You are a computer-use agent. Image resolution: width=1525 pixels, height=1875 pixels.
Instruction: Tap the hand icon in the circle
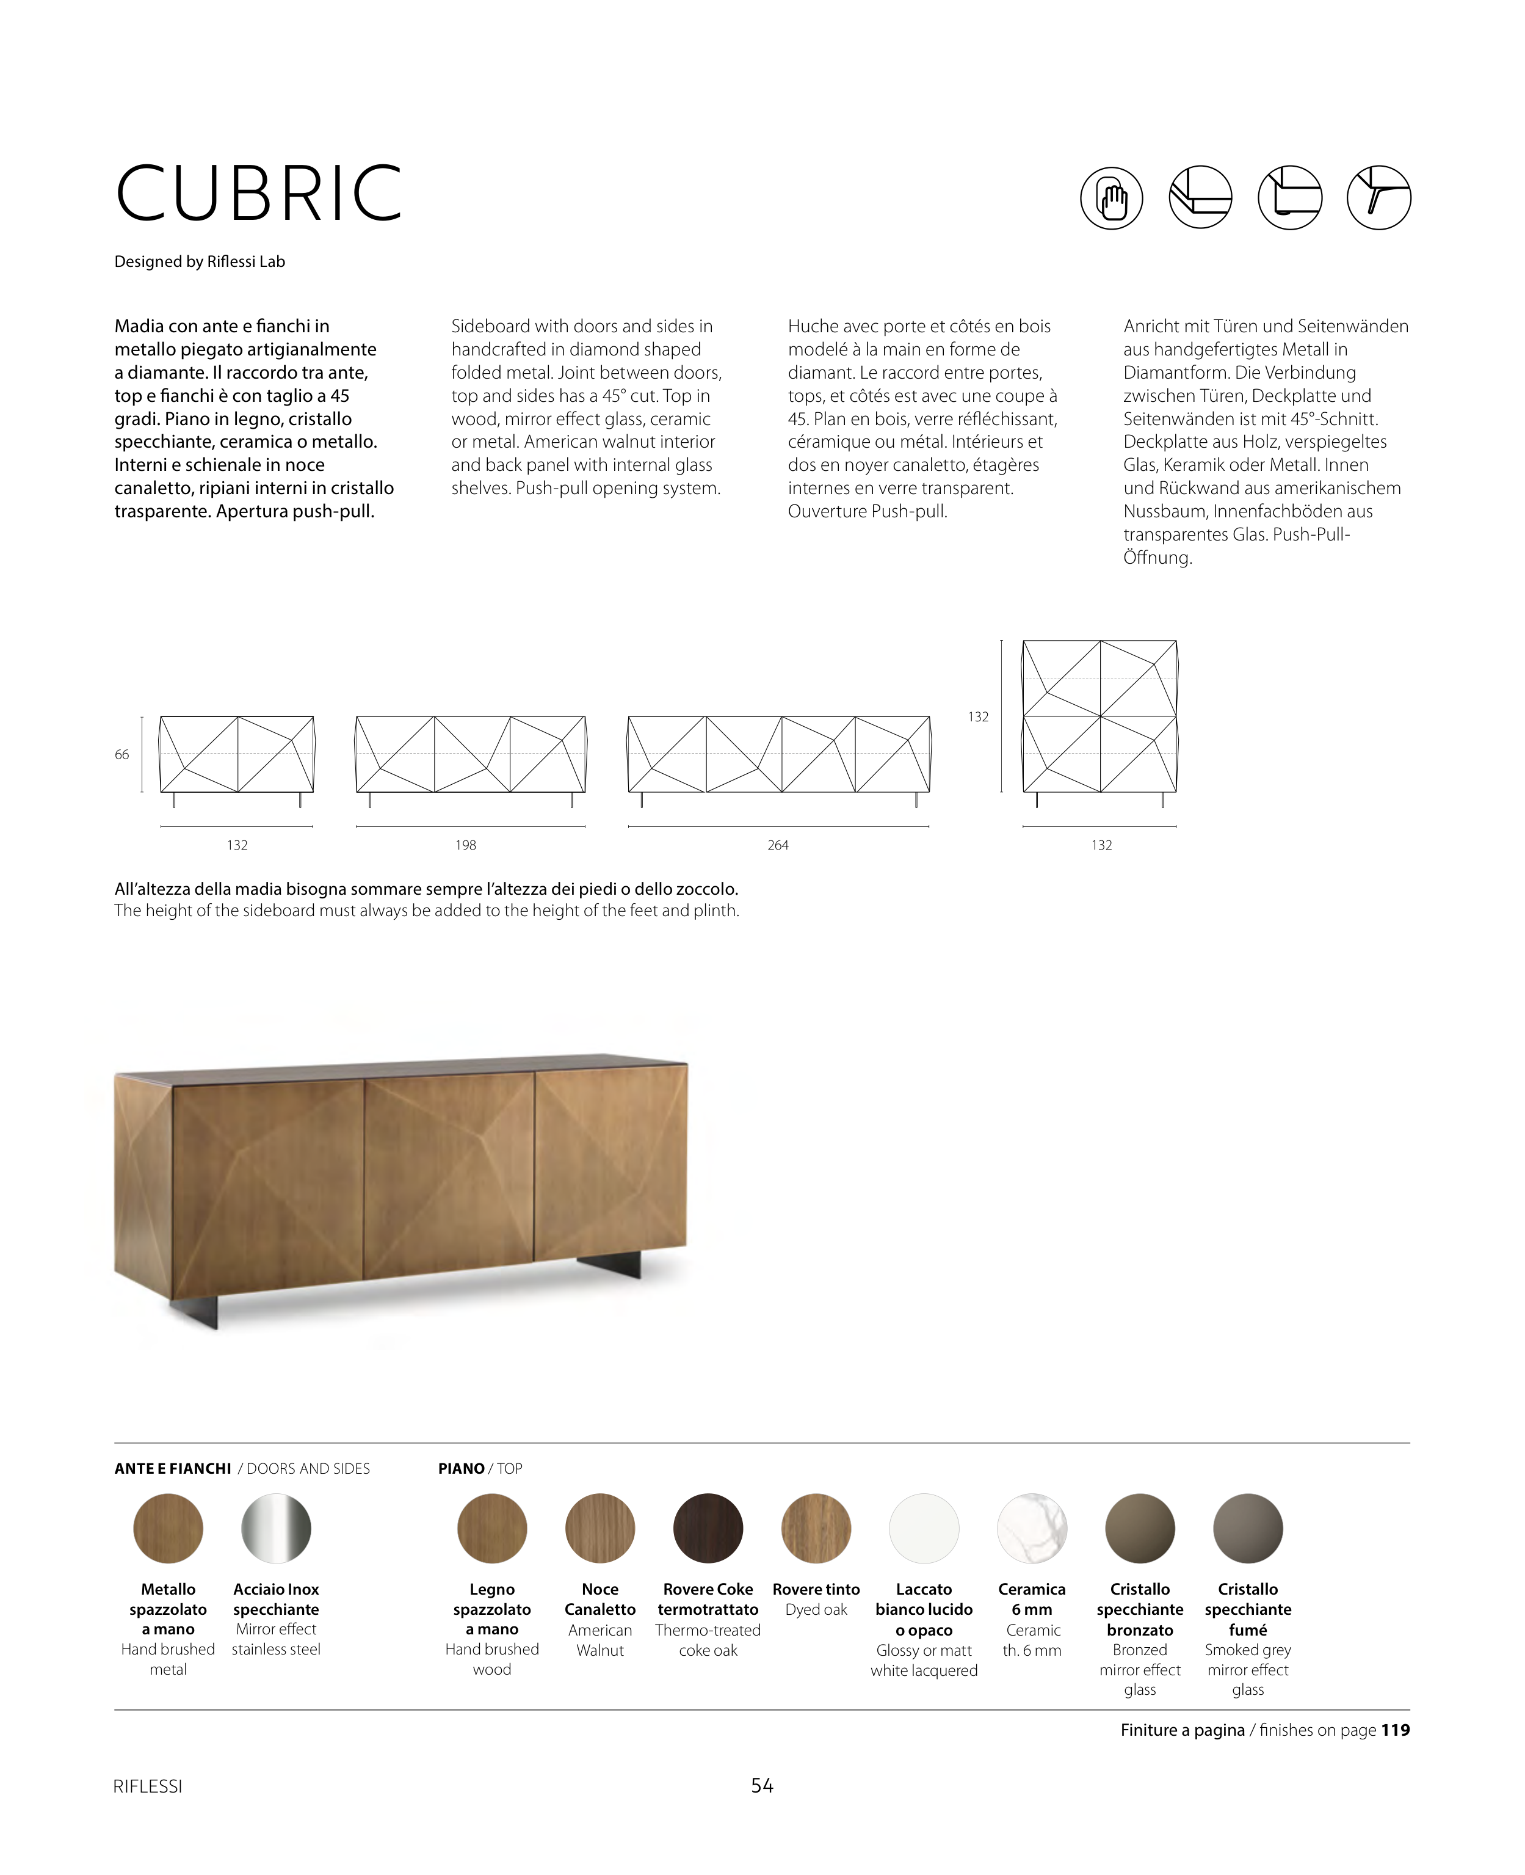coord(1111,198)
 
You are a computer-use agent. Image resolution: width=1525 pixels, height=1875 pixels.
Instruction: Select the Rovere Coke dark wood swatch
coord(708,1528)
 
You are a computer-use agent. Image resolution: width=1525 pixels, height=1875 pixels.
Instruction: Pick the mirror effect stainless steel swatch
coord(276,1528)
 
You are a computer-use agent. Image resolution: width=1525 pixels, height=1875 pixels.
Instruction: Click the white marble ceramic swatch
coord(1032,1528)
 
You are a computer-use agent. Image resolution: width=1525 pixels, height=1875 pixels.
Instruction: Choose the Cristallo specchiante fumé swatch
coord(1247,1528)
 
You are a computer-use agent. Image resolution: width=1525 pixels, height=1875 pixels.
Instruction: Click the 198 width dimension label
coord(466,845)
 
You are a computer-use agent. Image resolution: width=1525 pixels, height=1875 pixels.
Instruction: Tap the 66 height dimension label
coord(122,755)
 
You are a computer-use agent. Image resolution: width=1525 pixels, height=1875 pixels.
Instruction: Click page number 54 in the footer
coord(762,1785)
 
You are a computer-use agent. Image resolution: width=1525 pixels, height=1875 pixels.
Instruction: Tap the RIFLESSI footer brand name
coord(148,1786)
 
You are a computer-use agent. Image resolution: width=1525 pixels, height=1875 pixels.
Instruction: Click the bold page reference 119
coord(1395,1730)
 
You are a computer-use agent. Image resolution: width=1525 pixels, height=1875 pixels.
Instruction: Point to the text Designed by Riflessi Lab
coord(200,262)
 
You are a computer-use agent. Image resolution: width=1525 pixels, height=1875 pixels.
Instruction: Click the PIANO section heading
coord(461,1468)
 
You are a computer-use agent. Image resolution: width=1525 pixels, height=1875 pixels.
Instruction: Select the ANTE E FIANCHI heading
coord(173,1468)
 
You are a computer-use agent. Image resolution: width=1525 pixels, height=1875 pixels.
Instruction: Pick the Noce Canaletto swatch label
coord(600,1599)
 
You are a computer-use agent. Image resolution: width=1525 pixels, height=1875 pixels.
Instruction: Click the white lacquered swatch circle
coord(924,1528)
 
